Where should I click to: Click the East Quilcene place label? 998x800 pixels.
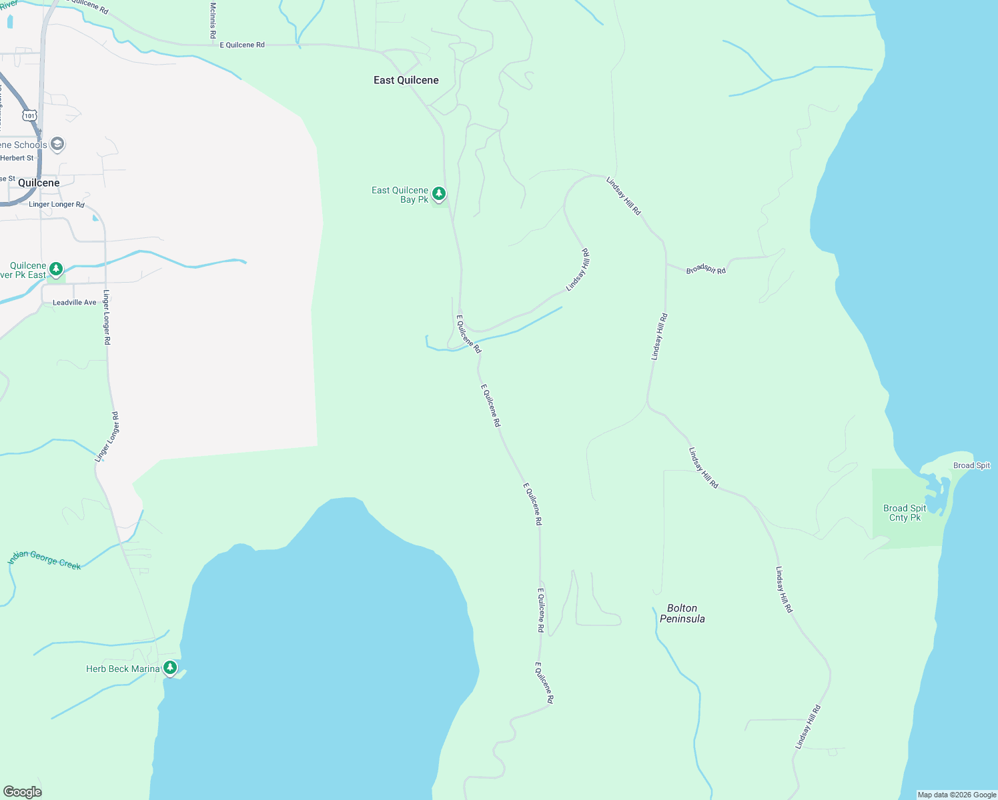coord(406,80)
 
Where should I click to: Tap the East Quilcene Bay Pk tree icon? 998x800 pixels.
coord(439,194)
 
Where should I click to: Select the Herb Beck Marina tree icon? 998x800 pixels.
coord(170,667)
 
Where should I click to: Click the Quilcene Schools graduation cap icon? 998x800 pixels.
coord(57,144)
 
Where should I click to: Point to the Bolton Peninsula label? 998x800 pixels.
coord(682,613)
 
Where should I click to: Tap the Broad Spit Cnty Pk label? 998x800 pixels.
coord(905,513)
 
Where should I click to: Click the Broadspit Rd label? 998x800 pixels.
coord(706,269)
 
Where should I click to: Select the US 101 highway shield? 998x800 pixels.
coord(29,115)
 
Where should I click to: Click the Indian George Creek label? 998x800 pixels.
coord(45,559)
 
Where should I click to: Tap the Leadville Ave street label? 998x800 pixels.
coord(75,303)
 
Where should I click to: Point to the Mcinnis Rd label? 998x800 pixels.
coord(213,20)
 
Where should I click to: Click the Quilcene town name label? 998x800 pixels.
coord(39,183)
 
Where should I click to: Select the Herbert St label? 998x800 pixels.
coord(17,158)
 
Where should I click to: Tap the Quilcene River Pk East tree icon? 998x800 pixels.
coord(56,269)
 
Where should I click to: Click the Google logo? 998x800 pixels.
coord(23,792)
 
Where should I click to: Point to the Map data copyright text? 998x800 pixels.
coord(957,795)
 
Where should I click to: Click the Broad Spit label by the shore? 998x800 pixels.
coord(971,465)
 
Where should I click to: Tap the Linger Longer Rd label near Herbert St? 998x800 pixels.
coord(57,204)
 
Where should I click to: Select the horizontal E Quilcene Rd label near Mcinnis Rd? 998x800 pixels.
coord(242,45)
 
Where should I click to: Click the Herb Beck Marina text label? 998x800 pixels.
coord(123,669)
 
